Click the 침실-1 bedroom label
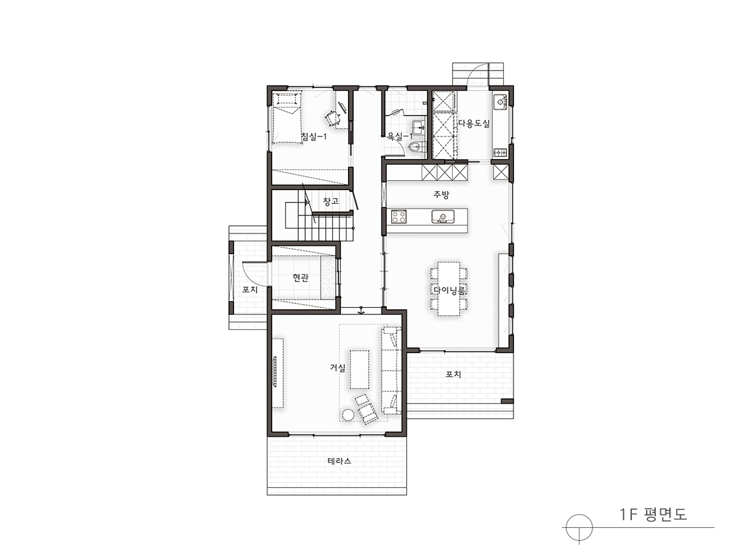[314, 137]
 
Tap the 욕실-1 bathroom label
[400, 137]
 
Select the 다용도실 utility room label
[473, 124]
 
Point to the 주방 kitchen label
[442, 194]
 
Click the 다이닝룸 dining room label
[449, 289]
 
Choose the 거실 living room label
[338, 367]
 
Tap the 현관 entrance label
[300, 278]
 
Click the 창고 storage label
[330, 202]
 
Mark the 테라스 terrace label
[340, 461]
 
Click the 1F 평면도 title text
[653, 514]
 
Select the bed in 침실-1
[287, 118]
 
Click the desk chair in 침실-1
[332, 116]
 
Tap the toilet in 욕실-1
[416, 146]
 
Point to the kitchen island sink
[443, 217]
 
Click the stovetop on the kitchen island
[398, 217]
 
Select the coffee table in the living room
[360, 369]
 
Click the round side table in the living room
[349, 415]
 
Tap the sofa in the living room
[391, 370]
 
